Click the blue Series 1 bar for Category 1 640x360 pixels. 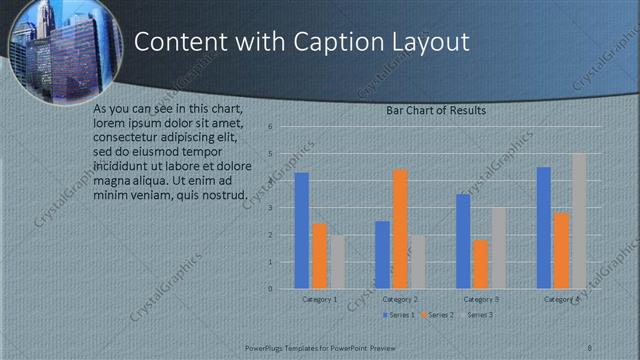302,231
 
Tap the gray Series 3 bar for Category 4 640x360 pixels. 579,221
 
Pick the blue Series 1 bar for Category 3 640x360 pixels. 463,241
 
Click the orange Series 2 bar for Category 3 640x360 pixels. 481,264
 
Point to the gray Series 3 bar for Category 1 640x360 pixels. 338,262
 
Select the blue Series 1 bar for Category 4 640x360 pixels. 544,228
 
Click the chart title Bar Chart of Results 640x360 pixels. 436,111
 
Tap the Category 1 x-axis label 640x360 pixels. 320,299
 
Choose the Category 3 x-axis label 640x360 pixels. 482,299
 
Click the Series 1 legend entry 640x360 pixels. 400,315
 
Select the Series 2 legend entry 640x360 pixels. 441,315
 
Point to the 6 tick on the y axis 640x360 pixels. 270,128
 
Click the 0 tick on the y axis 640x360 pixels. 270,289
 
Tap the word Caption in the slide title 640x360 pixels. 331,42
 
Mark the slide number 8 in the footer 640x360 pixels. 590,346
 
